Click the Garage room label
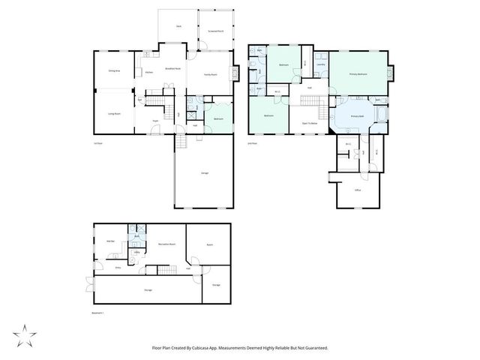(205, 173)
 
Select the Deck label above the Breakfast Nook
(179, 26)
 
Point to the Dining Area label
(114, 70)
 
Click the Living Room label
(114, 114)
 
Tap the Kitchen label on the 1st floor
(149, 72)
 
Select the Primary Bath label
(357, 116)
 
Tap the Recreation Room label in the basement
(166, 244)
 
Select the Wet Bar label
(110, 241)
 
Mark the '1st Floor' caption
(97, 142)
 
